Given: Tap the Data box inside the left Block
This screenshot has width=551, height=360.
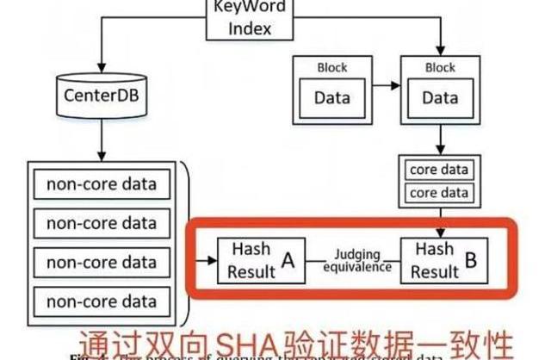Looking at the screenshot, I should pos(332,97).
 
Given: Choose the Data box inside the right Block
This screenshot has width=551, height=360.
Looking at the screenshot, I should pos(440,97).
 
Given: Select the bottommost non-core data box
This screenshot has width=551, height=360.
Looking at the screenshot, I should pos(102,301).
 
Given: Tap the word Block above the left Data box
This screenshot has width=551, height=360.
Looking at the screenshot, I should pos(332,66).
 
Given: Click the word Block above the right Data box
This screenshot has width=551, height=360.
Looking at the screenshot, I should pos(440,66).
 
